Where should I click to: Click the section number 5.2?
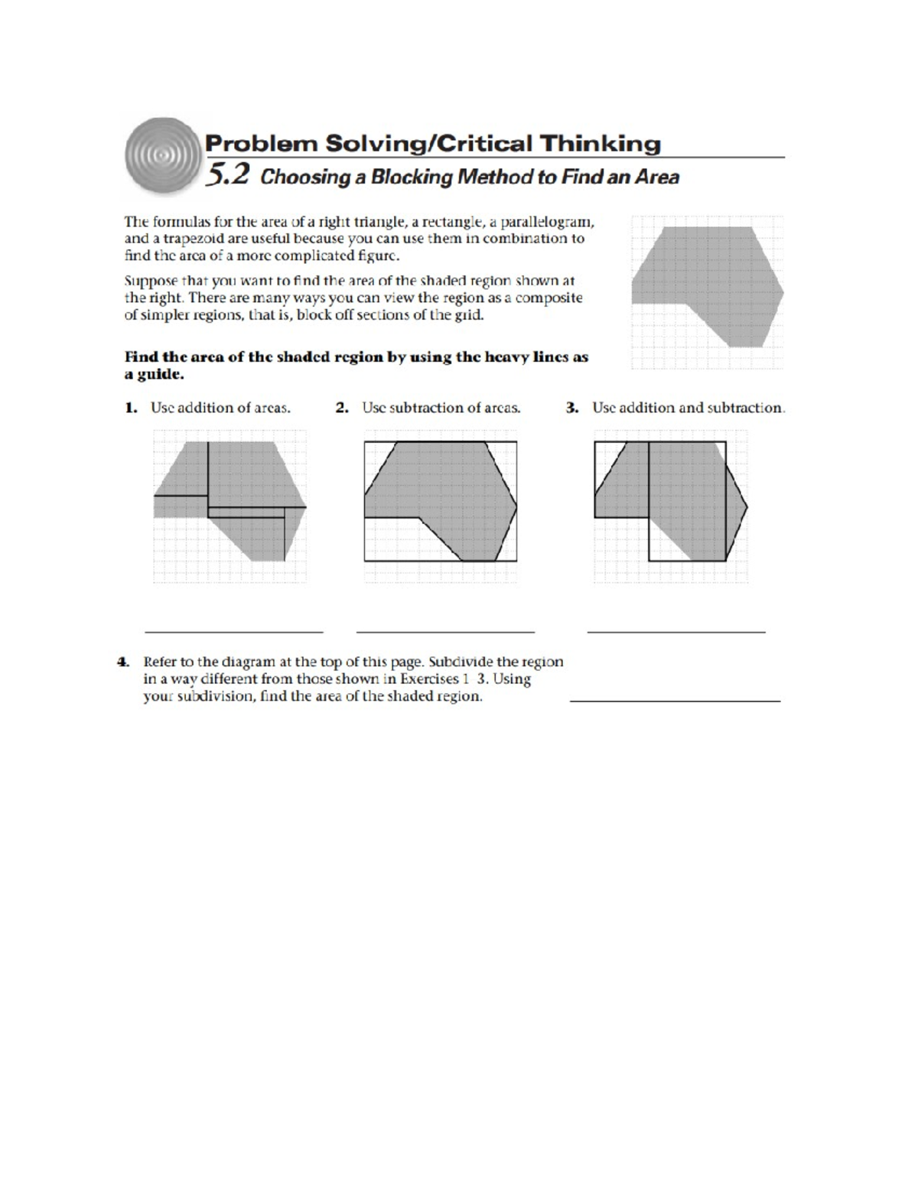(228, 176)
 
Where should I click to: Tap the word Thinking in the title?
(601, 143)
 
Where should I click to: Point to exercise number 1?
(131, 408)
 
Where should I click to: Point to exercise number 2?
(342, 408)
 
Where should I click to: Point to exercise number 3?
(571, 408)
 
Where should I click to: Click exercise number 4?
(122, 662)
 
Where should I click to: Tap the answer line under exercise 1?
(233, 632)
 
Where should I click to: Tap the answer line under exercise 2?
(445, 632)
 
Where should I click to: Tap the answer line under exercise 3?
(676, 632)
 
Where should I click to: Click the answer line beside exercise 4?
(675, 700)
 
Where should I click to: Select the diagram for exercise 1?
(229, 505)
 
